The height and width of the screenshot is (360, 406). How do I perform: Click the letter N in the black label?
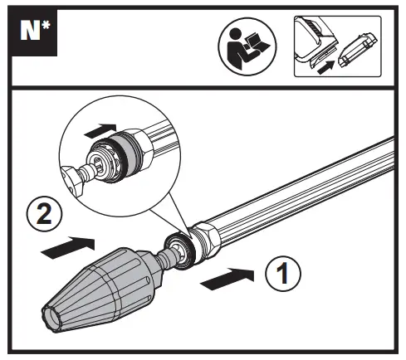[30, 31]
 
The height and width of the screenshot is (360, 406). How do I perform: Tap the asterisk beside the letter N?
[46, 26]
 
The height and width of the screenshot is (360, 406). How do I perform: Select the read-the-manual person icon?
[247, 46]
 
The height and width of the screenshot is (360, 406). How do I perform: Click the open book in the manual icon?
[257, 42]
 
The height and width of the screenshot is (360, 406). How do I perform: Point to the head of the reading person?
[236, 34]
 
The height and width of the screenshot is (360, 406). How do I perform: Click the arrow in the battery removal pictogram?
[325, 68]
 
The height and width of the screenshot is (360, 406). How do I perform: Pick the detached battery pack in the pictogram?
[358, 51]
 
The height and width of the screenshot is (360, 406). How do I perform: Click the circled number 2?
[44, 214]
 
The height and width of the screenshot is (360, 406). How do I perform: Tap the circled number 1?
[283, 274]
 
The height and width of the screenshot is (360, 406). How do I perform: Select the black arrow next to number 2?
[68, 247]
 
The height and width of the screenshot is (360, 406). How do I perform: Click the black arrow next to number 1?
[227, 279]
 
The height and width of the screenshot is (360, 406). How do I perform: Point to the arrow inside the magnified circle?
[100, 131]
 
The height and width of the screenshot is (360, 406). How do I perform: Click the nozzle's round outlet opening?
[52, 317]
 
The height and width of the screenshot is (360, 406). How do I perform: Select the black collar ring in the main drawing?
[180, 251]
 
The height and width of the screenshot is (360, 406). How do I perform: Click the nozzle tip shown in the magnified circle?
[73, 180]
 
